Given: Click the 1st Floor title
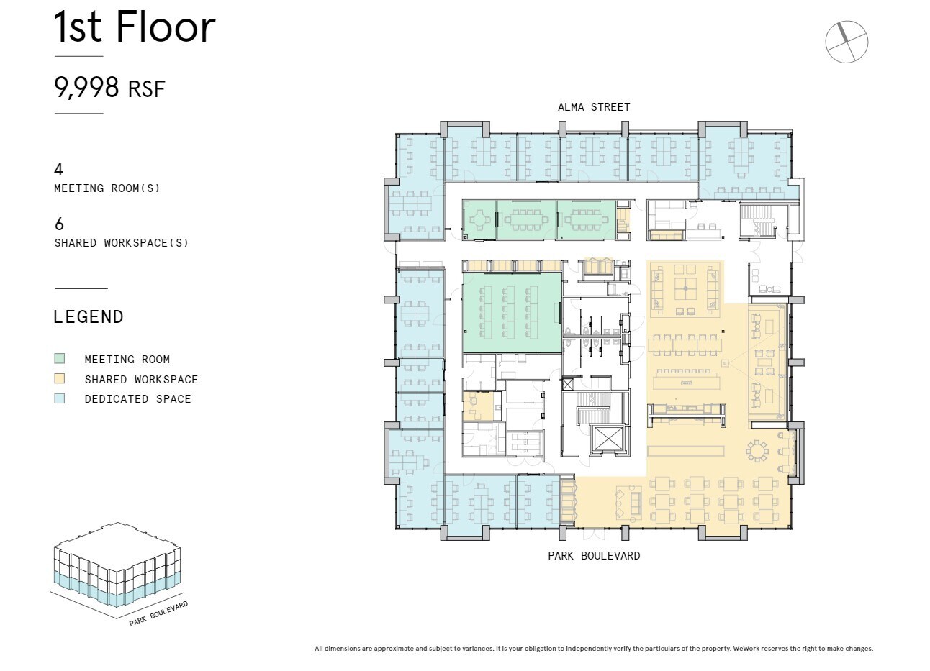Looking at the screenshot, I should click(135, 27).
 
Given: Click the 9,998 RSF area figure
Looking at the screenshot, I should click(109, 88).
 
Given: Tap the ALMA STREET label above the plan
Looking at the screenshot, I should click(594, 107).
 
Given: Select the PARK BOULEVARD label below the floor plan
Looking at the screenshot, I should click(594, 556).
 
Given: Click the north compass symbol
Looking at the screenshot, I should click(847, 42).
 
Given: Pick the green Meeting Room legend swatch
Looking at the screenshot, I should click(60, 359).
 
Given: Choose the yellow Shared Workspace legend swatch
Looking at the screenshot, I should click(60, 379).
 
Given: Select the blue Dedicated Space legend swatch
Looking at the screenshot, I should click(60, 398).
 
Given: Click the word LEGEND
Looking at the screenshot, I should click(89, 317).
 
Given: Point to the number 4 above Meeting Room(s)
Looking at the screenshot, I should click(59, 169).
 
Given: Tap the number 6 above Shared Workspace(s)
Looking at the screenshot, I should click(59, 224).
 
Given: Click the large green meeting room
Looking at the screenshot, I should click(512, 313).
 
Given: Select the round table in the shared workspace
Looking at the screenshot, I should click(758, 451).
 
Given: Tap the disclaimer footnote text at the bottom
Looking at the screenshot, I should click(594, 649).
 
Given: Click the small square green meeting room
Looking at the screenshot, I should click(479, 219).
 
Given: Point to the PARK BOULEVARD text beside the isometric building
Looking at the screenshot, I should click(158, 613).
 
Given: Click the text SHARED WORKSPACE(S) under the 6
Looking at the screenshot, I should click(122, 243).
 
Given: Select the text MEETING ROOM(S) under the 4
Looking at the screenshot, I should click(107, 188).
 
